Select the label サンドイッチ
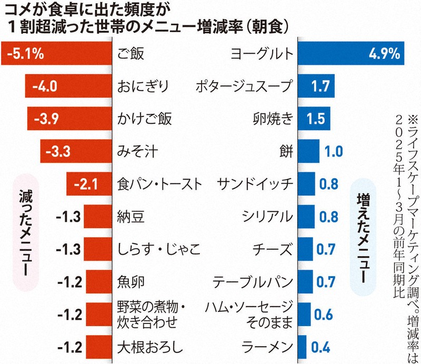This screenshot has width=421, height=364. click(x=255, y=184)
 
